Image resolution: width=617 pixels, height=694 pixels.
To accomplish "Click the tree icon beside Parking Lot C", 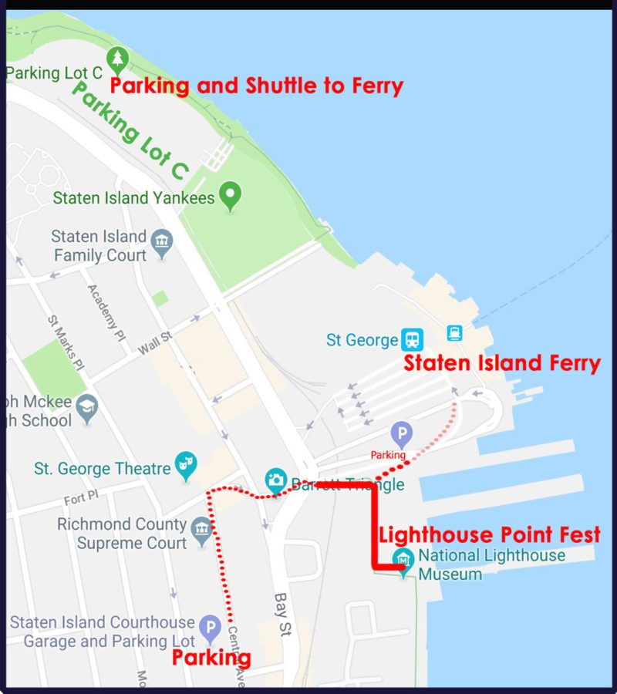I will pyautogui.click(x=117, y=58).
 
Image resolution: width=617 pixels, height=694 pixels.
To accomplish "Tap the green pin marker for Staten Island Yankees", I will pyautogui.click(x=229, y=196).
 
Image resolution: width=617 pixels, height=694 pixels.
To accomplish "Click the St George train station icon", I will pyautogui.click(x=411, y=339).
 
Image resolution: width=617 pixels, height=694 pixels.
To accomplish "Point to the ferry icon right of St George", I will pyautogui.click(x=454, y=333).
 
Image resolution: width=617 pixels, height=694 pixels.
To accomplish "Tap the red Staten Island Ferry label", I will pyautogui.click(x=502, y=364).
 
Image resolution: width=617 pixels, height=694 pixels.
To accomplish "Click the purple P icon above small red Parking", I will pyautogui.click(x=401, y=434).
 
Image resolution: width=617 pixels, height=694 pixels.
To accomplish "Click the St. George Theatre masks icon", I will pyautogui.click(x=186, y=465).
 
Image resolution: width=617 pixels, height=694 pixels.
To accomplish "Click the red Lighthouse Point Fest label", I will pyautogui.click(x=489, y=534).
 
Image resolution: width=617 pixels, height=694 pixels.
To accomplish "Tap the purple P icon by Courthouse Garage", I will pyautogui.click(x=209, y=628).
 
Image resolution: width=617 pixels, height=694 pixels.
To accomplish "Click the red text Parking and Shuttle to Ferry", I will pyautogui.click(x=256, y=86).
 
